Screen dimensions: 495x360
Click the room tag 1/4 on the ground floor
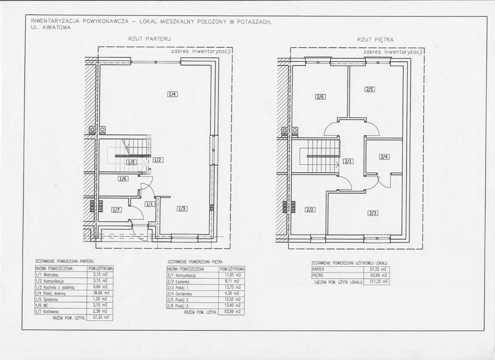click(x=172, y=94)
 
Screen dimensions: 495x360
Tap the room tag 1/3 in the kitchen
click(x=182, y=209)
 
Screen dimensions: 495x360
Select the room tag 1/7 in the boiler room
click(x=116, y=210)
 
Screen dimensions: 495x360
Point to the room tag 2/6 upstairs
click(x=320, y=97)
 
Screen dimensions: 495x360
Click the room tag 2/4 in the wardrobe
click(x=384, y=157)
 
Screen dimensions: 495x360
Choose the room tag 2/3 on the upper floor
click(x=373, y=213)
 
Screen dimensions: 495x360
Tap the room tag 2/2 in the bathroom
click(x=310, y=210)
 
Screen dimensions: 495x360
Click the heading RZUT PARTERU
click(x=150, y=39)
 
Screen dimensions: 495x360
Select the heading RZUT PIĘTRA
click(x=375, y=40)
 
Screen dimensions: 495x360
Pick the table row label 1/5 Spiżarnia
click(x=47, y=300)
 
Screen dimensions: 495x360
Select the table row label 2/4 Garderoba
click(x=179, y=294)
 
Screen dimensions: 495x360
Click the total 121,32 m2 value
click(x=379, y=281)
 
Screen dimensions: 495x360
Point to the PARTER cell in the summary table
click(x=318, y=269)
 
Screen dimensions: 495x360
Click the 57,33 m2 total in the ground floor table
click(x=101, y=317)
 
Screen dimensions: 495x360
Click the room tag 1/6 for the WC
click(x=123, y=179)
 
